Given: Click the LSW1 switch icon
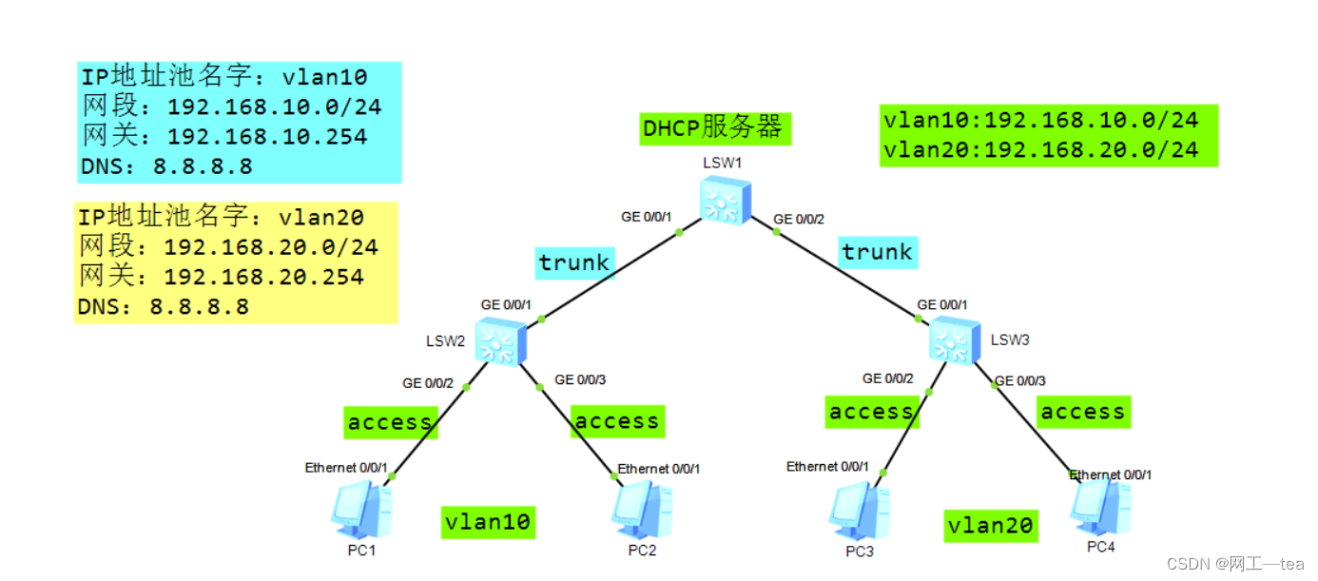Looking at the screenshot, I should [x=724, y=202].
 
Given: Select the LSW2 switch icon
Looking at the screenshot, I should [x=500, y=342].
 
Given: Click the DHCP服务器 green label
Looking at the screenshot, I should [x=714, y=127].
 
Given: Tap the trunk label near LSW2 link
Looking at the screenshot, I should [x=573, y=262].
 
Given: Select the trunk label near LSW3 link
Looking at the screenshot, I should [x=877, y=252].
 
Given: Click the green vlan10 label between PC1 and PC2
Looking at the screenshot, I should [x=488, y=521].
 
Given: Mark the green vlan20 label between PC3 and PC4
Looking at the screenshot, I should [x=991, y=525].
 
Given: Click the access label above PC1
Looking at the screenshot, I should [x=390, y=422].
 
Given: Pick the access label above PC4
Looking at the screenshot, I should [x=1082, y=412].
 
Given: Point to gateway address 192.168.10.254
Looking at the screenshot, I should [x=266, y=137].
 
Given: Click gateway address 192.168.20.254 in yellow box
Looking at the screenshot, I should [x=263, y=277].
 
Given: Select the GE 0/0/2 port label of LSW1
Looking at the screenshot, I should [x=799, y=220].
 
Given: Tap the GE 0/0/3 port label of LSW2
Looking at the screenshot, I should [x=580, y=379].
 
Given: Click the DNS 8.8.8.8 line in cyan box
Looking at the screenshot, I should [x=167, y=167].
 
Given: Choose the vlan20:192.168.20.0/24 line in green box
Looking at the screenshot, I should [x=1040, y=150].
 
